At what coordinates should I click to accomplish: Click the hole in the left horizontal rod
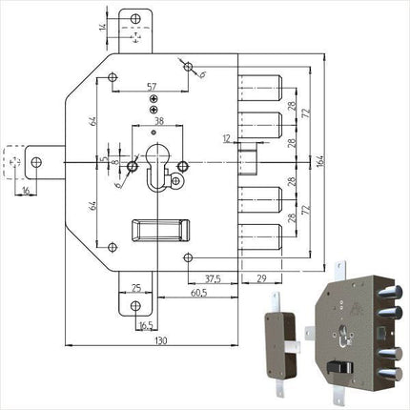pyautogui.click(x=39, y=162)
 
